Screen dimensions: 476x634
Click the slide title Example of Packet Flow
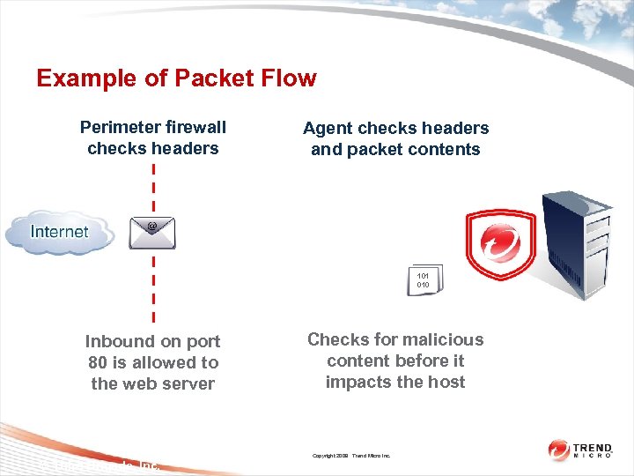click(x=176, y=78)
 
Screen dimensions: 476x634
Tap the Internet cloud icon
click(x=60, y=232)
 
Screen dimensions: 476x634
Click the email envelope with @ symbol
click(x=152, y=233)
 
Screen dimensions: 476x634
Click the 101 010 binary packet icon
click(x=424, y=280)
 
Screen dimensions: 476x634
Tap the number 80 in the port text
click(x=99, y=362)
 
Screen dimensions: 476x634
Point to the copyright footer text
click(x=351, y=456)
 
